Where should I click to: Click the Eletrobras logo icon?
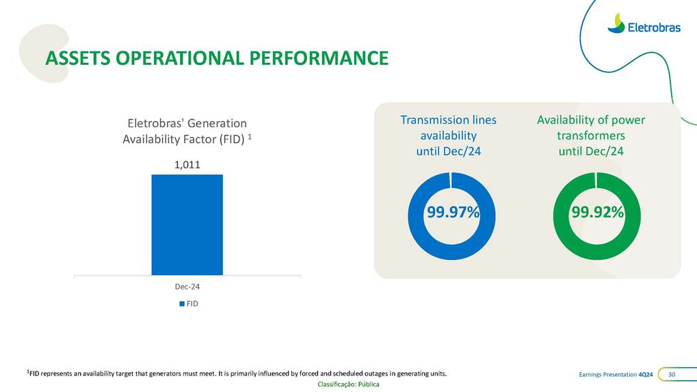(x=616, y=23)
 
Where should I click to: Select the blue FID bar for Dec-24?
(x=187, y=224)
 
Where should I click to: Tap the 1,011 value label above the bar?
(x=187, y=165)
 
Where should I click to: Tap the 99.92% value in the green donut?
(x=597, y=213)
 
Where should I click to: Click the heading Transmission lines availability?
(x=448, y=135)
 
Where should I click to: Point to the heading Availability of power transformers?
(x=591, y=135)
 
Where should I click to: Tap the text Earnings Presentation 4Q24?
(x=616, y=374)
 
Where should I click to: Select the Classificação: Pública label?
(x=348, y=384)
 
